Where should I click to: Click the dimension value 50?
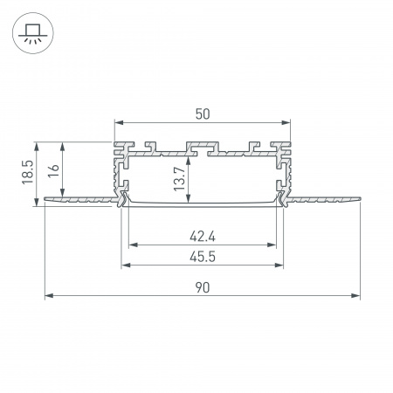[203, 113]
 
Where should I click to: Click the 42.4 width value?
[203, 234]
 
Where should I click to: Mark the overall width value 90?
[203, 286]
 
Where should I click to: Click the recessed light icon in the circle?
[32, 33]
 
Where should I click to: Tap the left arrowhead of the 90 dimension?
[47, 295]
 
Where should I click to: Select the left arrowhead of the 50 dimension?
[116, 123]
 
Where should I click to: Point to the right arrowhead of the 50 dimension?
[288, 123]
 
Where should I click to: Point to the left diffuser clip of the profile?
[123, 200]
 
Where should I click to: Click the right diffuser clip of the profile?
[281, 200]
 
